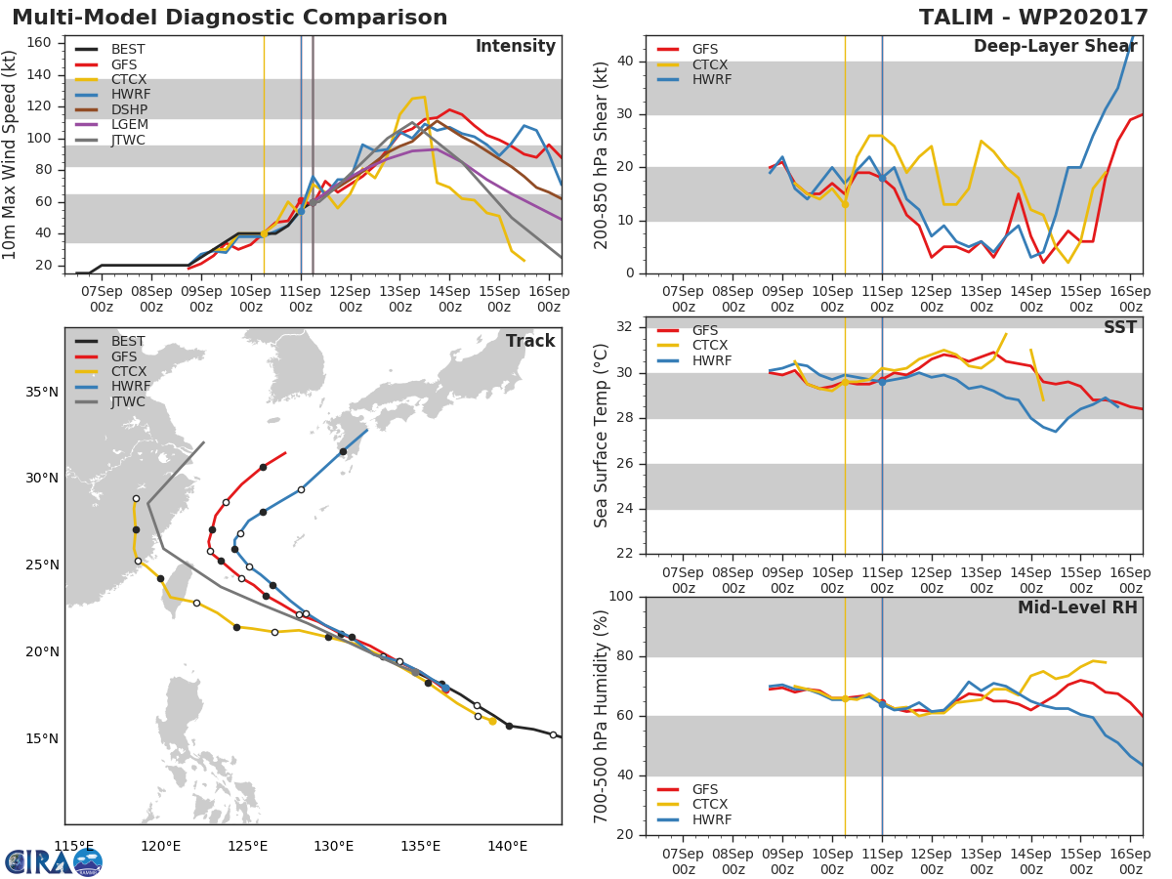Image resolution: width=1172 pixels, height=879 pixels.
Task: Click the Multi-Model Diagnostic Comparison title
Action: click(x=230, y=18)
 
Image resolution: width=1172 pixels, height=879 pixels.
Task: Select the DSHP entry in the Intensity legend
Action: click(x=128, y=110)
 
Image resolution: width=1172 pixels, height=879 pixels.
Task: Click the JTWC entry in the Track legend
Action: click(x=128, y=401)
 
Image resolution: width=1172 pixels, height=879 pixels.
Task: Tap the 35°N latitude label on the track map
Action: click(x=42, y=393)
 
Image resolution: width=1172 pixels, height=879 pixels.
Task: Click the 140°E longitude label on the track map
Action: click(x=507, y=846)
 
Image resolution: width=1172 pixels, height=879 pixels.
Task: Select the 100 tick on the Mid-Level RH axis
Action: click(x=622, y=597)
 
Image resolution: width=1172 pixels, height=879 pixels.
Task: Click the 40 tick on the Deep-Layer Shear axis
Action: click(x=627, y=62)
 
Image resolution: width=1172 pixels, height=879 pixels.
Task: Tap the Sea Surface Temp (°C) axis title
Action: click(x=602, y=436)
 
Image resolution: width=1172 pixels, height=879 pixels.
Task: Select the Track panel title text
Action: click(x=529, y=341)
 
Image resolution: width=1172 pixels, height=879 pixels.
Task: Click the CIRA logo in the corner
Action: click(x=54, y=861)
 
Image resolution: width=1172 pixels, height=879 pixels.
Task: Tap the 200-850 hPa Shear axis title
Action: click(x=602, y=154)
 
